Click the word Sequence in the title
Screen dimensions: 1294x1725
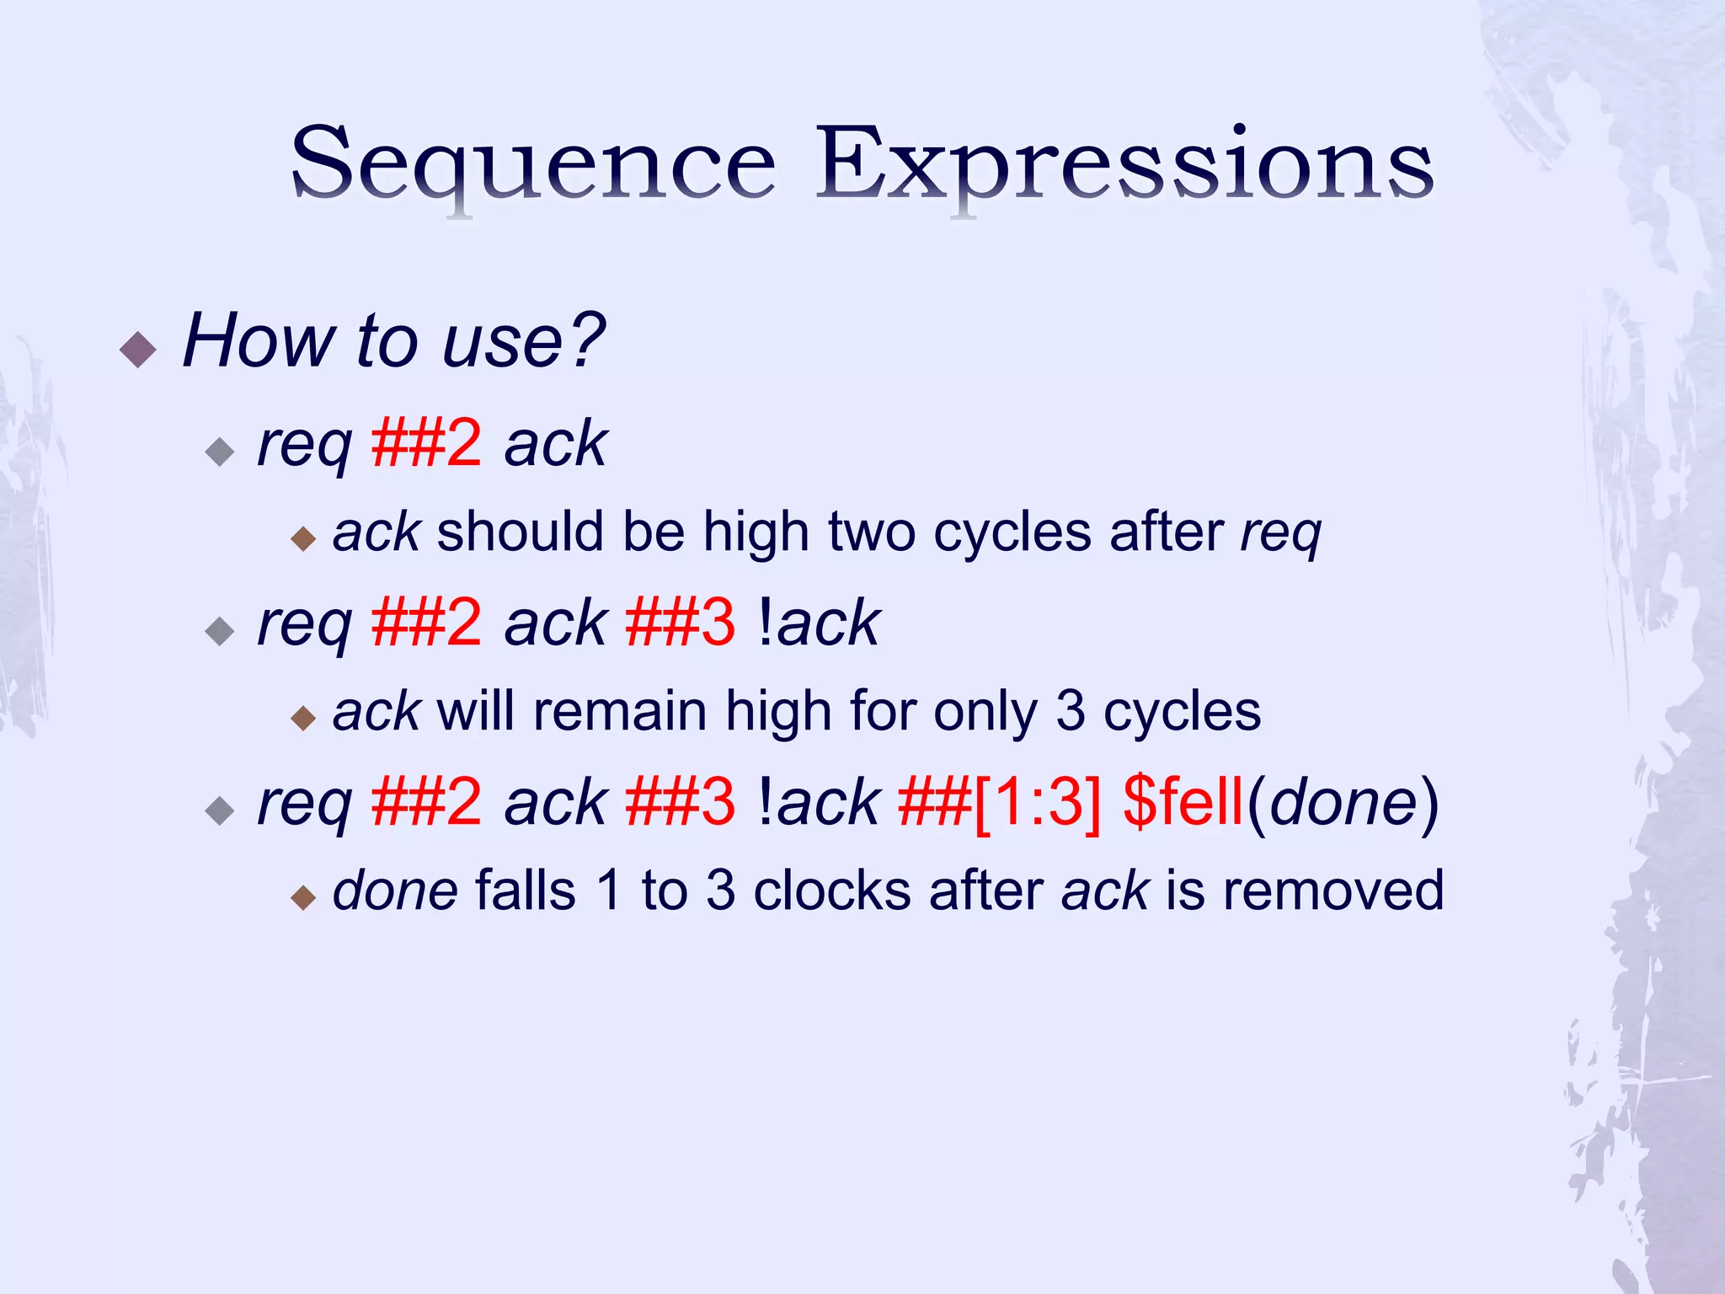click(x=532, y=164)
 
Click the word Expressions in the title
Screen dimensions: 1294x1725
click(x=1124, y=164)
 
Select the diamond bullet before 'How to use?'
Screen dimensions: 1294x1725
click(x=138, y=349)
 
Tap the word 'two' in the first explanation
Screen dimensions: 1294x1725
click(x=871, y=532)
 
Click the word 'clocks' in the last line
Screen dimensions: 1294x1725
click(x=831, y=890)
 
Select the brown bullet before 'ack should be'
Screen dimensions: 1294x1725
click(x=302, y=538)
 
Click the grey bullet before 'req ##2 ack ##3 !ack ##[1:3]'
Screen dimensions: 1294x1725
click(x=220, y=810)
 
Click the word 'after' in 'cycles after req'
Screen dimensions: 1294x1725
click(x=1166, y=532)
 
